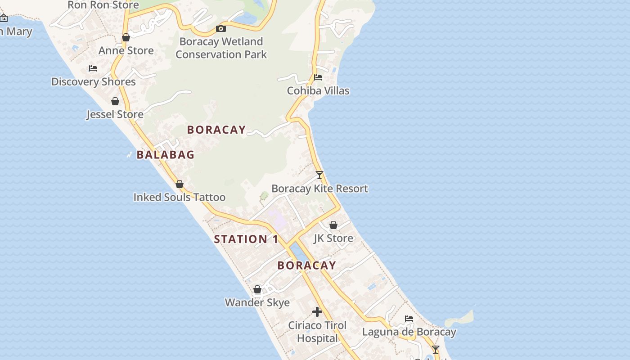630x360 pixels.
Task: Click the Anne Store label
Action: pos(126,50)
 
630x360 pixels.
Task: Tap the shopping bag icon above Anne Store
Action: pos(126,37)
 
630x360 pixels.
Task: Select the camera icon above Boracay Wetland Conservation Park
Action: pos(221,29)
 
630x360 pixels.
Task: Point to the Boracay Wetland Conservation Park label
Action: pos(221,48)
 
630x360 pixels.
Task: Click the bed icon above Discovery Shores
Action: pos(93,68)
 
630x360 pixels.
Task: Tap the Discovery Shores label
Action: pos(94,81)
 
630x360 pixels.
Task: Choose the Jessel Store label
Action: pos(115,114)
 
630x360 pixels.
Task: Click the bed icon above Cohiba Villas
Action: pos(318,77)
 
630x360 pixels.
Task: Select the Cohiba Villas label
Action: pos(318,90)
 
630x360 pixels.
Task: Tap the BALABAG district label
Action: pos(166,155)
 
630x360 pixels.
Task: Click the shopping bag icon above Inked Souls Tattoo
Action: pos(180,184)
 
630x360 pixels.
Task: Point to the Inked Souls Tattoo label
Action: pos(180,197)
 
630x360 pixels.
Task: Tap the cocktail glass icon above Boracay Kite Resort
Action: pos(319,175)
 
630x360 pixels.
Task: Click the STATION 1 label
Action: pos(246,239)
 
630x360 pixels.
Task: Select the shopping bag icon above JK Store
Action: pos(333,225)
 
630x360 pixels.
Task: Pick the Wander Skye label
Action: pos(257,302)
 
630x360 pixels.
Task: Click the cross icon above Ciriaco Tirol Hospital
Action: pos(317,312)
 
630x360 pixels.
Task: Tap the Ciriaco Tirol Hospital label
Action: pos(317,332)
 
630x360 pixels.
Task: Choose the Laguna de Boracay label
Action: pos(409,332)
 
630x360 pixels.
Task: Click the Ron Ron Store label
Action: pos(103,5)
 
